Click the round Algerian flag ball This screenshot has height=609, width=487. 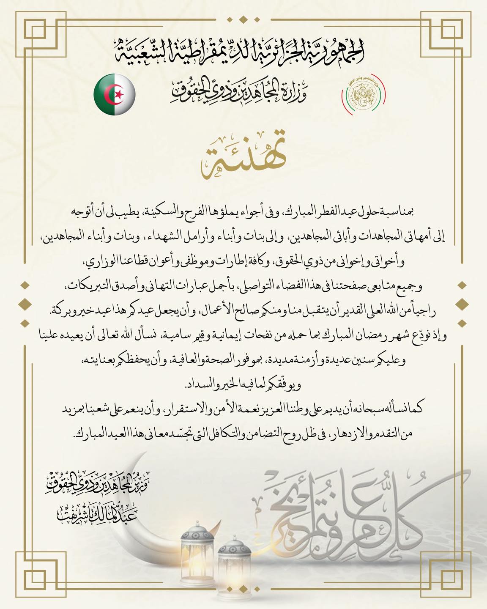pos(115,95)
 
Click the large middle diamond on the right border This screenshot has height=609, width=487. pos(462,302)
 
